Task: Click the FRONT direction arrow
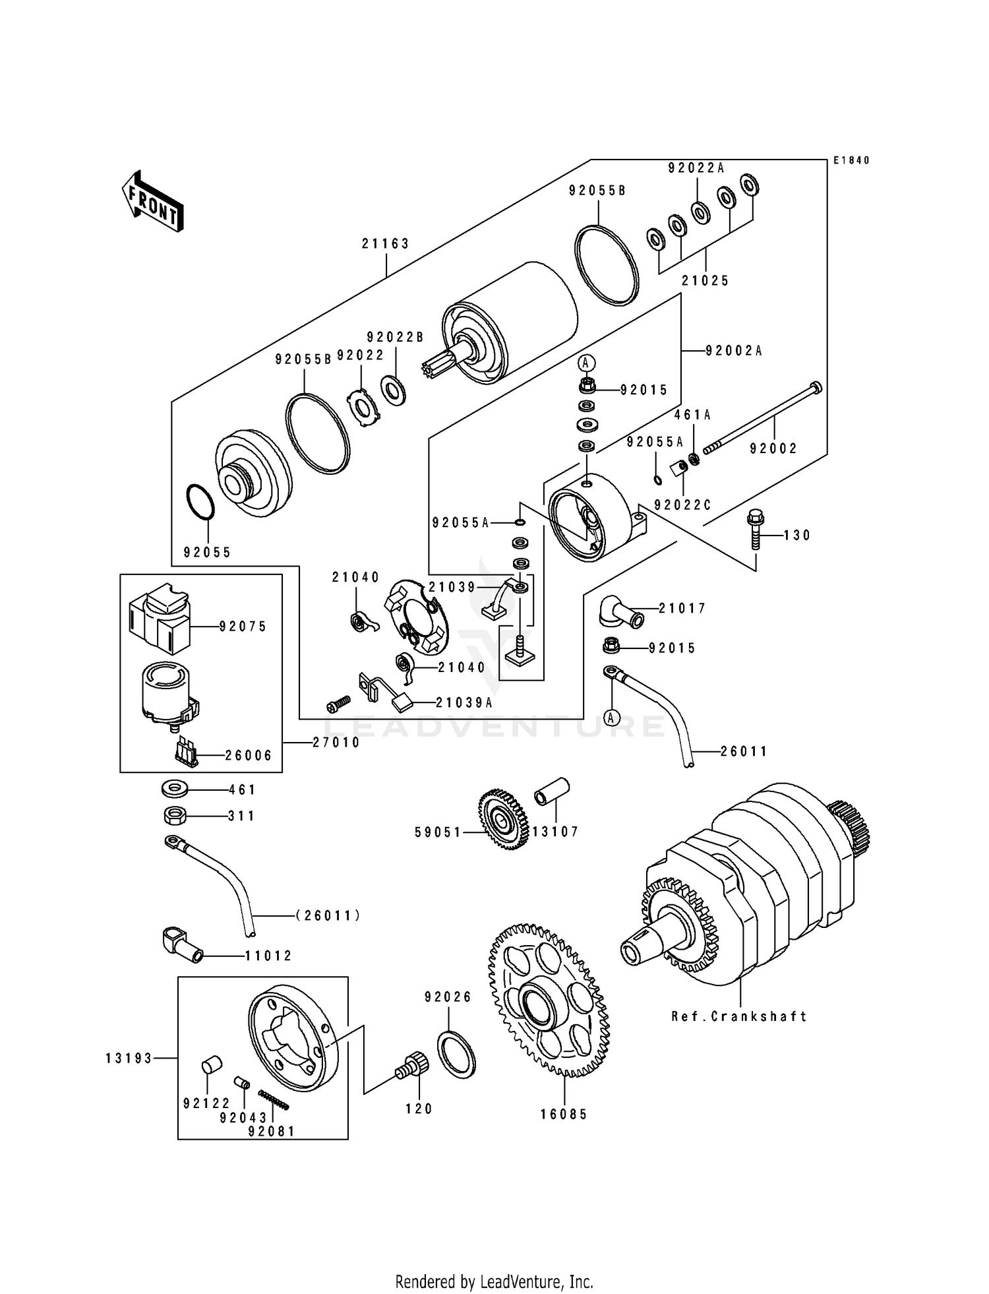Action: point(152,200)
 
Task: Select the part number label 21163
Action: point(386,243)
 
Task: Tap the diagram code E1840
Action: point(851,160)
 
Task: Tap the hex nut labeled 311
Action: point(174,815)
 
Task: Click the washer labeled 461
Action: point(174,788)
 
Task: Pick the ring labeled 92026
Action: point(457,1054)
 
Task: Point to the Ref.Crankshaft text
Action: point(739,1016)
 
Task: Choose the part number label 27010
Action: point(336,743)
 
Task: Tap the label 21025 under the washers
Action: point(705,281)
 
